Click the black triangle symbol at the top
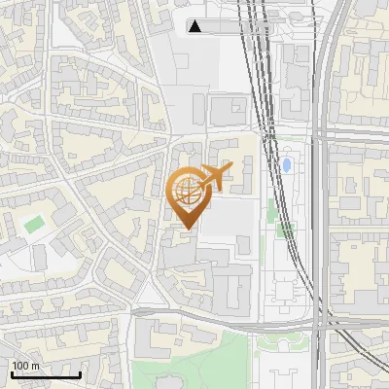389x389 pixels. point(195,26)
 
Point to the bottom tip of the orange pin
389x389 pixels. point(185,229)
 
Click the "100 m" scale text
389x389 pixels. point(26,366)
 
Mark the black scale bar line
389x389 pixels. point(45,374)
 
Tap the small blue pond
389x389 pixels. point(287,165)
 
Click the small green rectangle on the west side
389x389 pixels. point(35,224)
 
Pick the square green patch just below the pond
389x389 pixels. point(285,230)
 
